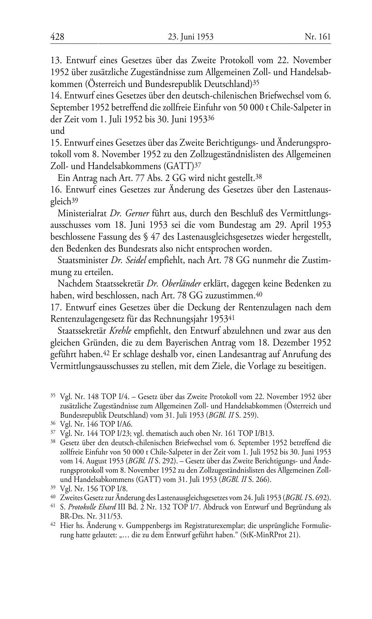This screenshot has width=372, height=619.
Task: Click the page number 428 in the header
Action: click(57, 36)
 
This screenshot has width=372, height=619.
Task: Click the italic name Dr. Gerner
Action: click(130, 213)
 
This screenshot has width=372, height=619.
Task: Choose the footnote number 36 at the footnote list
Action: click(53, 424)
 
